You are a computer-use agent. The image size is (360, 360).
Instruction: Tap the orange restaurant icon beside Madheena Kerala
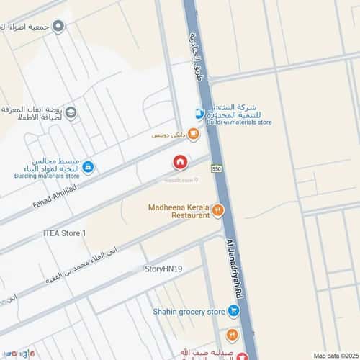tap(218, 210)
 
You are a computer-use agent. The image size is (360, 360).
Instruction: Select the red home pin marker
tap(180, 163)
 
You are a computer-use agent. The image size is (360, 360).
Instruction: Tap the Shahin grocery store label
tap(189, 311)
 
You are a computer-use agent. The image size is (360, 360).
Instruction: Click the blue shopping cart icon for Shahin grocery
tap(234, 311)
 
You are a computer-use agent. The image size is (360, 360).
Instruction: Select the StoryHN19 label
tap(163, 269)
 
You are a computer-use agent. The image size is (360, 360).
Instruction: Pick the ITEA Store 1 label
tap(64, 233)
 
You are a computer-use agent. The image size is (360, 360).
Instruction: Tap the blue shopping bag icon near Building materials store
tap(88, 167)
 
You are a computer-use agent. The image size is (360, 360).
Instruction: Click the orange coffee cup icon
tap(193, 134)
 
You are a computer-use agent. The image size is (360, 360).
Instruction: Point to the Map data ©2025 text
tap(335, 355)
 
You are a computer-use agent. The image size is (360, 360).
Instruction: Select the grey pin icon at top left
tap(59, 27)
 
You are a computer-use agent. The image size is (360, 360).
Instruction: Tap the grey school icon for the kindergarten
tap(71, 112)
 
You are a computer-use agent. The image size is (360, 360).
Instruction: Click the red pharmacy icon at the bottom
tap(243, 355)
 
